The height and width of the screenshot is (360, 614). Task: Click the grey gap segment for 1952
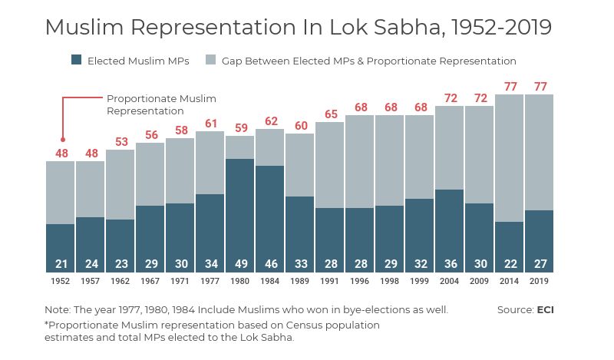click(61, 192)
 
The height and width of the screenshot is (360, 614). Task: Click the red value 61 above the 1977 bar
click(211, 124)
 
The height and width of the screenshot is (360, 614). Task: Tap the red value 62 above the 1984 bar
click(270, 121)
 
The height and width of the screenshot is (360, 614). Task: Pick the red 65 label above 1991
click(330, 114)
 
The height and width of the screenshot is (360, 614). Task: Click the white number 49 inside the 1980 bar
click(240, 264)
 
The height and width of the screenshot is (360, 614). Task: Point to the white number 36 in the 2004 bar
click(450, 264)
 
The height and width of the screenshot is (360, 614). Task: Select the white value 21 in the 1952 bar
click(61, 264)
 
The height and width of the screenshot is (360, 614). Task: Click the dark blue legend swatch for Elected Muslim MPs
click(76, 61)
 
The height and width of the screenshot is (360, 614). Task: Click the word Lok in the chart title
click(348, 27)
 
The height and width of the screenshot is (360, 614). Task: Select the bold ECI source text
click(545, 310)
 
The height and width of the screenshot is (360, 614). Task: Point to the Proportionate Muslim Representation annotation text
click(161, 104)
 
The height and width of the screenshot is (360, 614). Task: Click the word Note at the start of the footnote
click(57, 310)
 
